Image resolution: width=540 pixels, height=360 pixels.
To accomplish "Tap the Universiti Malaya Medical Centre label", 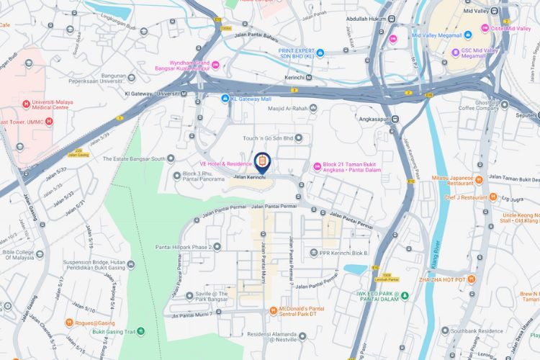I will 30,108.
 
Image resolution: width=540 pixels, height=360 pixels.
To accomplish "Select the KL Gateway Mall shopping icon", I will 225,99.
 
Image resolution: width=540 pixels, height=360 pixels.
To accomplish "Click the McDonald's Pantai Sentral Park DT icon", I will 273,310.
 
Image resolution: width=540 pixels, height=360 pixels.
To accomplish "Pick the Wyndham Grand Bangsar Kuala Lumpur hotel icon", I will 216,66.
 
